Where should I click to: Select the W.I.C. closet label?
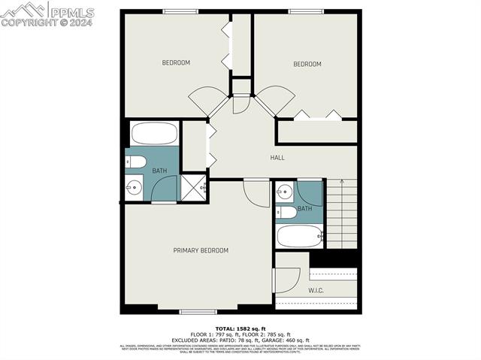[316, 290]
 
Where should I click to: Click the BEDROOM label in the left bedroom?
[176, 62]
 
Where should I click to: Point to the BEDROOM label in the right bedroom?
[307, 64]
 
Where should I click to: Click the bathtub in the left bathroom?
[154, 134]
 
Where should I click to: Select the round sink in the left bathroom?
[135, 188]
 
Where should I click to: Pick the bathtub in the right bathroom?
[299, 237]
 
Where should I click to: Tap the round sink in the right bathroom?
[284, 191]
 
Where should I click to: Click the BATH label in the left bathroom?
[160, 171]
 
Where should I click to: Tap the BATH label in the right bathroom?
[304, 208]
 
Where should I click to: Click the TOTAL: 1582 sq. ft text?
[240, 329]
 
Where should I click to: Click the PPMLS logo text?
[71, 11]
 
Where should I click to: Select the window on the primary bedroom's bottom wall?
[198, 311]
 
